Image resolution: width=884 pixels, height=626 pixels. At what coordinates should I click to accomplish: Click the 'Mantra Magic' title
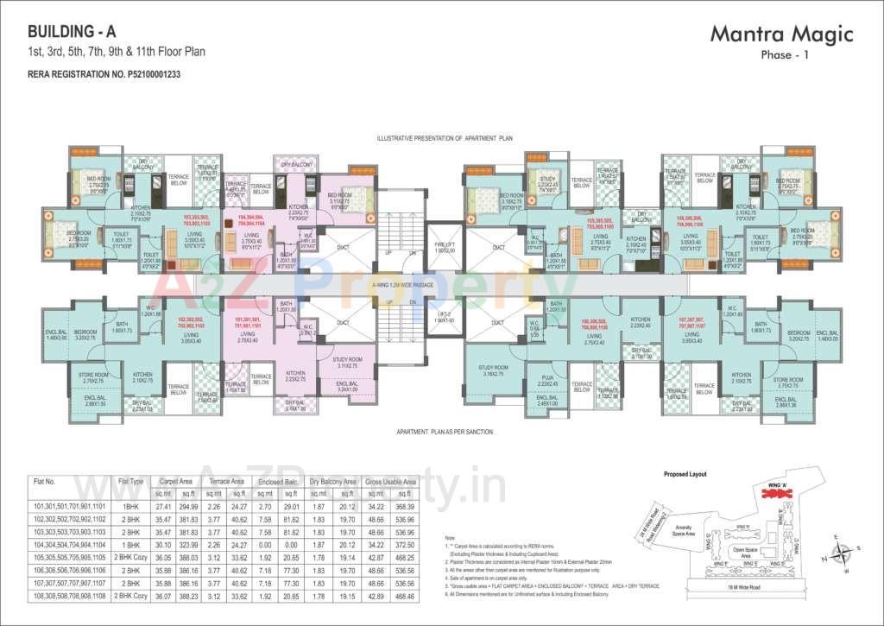coord(781,35)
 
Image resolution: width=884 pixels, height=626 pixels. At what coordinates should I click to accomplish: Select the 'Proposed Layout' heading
coord(685,475)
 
